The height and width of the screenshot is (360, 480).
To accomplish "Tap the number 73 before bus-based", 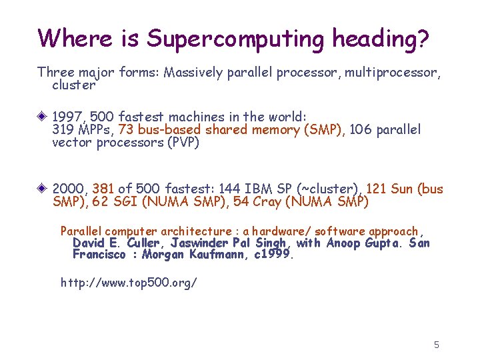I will point(126,130).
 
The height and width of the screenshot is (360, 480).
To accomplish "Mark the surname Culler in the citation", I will point(144,243).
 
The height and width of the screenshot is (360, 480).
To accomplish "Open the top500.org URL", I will point(129,283).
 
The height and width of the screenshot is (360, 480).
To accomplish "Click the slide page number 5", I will point(437,345).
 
